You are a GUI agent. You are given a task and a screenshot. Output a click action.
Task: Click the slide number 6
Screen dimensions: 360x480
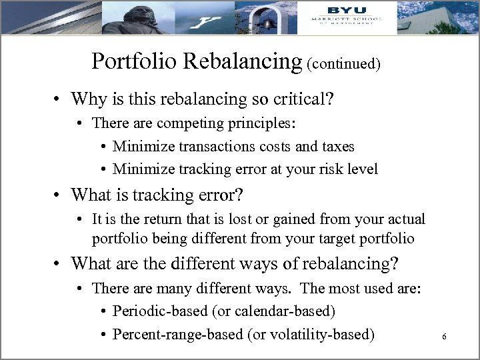(x=444, y=337)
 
